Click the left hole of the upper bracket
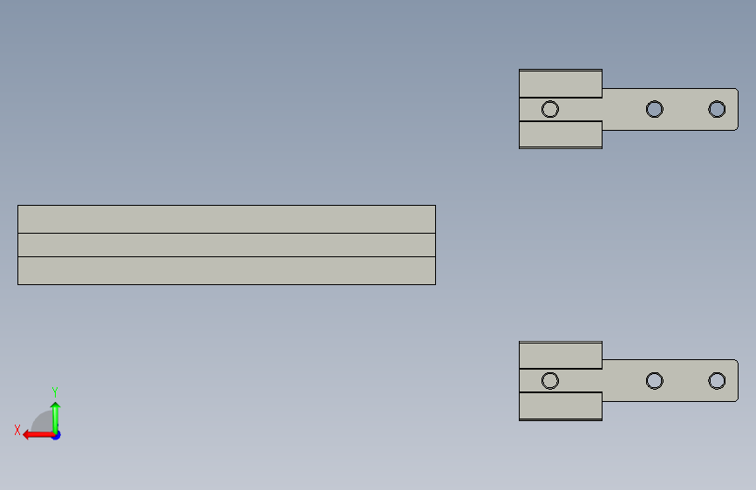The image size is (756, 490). (x=549, y=109)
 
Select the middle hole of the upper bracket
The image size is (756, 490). (x=654, y=109)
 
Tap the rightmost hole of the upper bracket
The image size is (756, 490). (x=717, y=109)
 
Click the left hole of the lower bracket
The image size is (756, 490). (x=549, y=381)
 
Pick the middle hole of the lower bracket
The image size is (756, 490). (x=654, y=381)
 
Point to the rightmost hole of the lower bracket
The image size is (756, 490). (x=717, y=381)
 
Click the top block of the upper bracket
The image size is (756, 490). (x=560, y=84)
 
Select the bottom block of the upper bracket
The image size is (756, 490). (x=560, y=134)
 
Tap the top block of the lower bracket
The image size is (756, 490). (x=560, y=356)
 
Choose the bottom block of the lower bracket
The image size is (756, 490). (x=560, y=406)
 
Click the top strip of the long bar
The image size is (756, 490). (x=226, y=219)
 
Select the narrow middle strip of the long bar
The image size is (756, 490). (x=226, y=245)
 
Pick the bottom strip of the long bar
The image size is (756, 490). (x=226, y=270)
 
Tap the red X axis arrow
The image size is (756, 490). (x=33, y=434)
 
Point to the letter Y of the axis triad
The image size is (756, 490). (x=55, y=391)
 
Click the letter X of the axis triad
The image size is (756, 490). (x=17, y=430)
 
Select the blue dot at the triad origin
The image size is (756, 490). (x=56, y=434)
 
